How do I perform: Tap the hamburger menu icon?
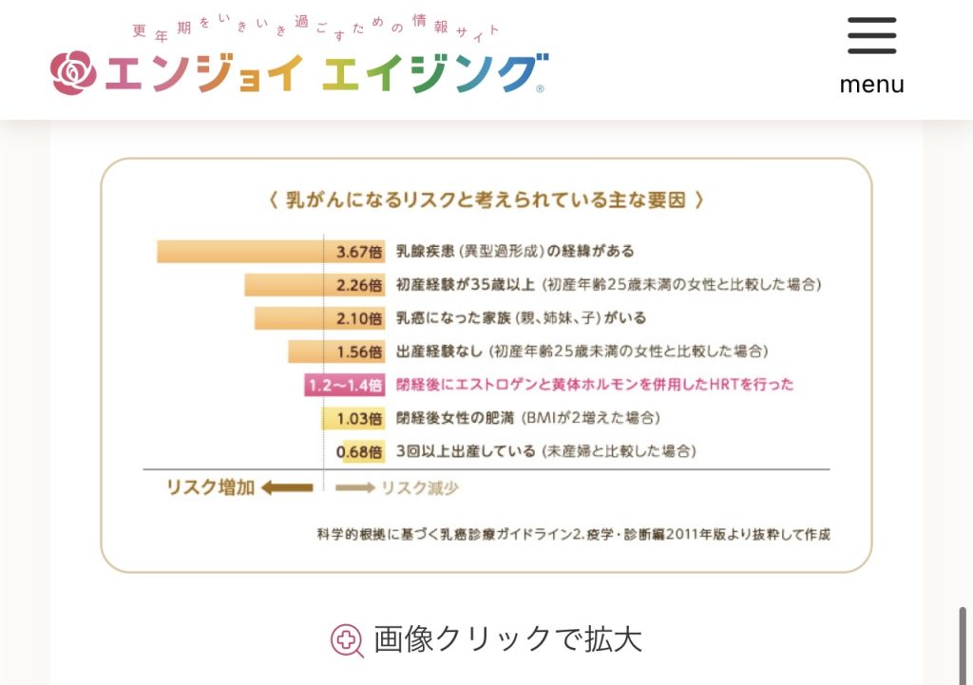pyautogui.click(x=871, y=36)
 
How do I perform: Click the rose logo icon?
pyautogui.click(x=73, y=73)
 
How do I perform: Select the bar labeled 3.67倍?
pyautogui.click(x=271, y=252)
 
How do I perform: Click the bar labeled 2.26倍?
pyautogui.click(x=315, y=285)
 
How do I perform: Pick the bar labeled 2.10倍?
pyautogui.click(x=319, y=318)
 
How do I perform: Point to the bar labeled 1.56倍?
pyautogui.click(x=336, y=352)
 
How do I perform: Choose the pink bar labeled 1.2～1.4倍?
pyautogui.click(x=344, y=385)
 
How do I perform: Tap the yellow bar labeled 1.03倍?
pyautogui.click(x=353, y=418)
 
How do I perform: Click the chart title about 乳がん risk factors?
pyautogui.click(x=486, y=200)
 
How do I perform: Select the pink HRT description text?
pyautogui.click(x=595, y=385)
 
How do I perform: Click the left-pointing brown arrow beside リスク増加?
pyautogui.click(x=287, y=488)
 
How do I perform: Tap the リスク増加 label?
pyautogui.click(x=210, y=488)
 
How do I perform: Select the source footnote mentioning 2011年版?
pyautogui.click(x=573, y=534)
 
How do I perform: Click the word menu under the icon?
pyautogui.click(x=871, y=85)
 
